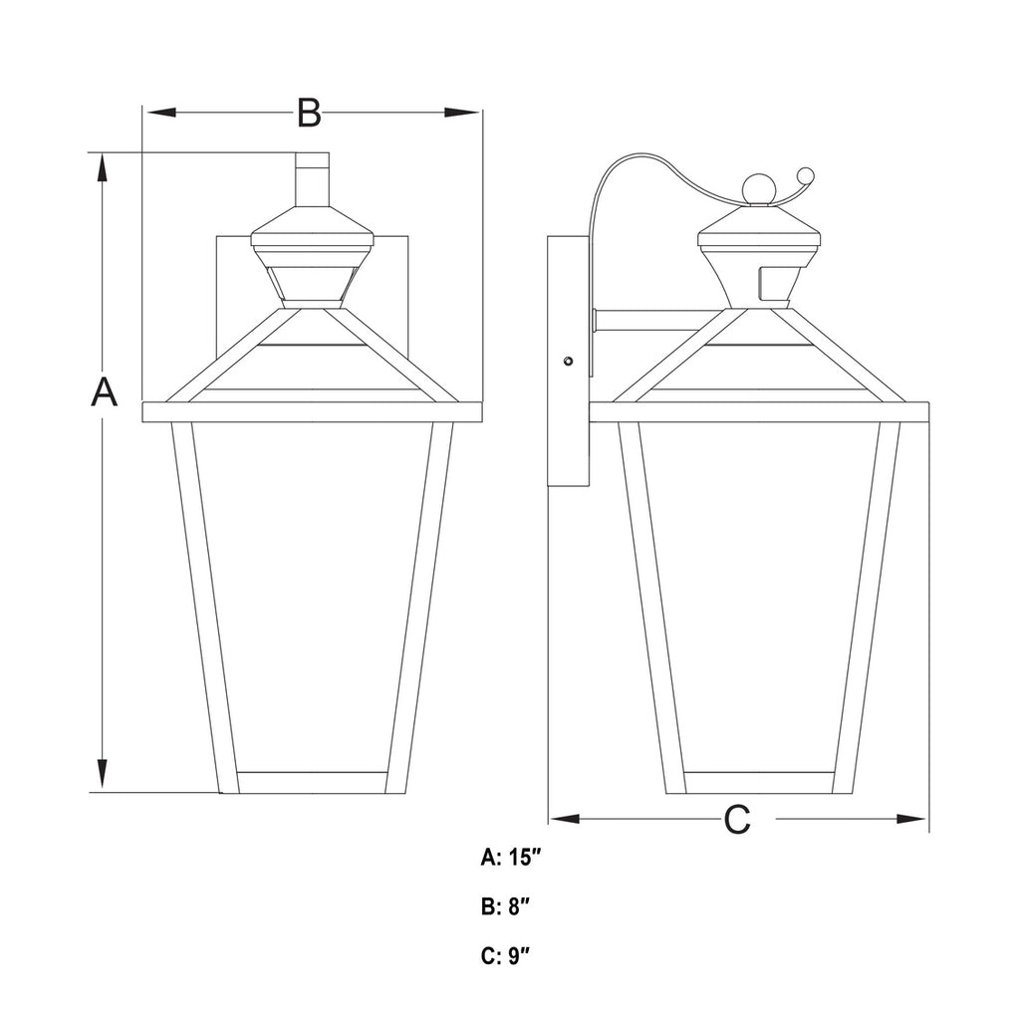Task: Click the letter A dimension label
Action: pyautogui.click(x=104, y=391)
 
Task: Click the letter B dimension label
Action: pyautogui.click(x=309, y=113)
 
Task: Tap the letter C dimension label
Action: pyautogui.click(x=737, y=819)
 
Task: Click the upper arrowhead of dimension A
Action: pyautogui.click(x=103, y=170)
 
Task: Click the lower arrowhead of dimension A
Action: pyautogui.click(x=103, y=775)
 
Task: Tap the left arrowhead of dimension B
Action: pyautogui.click(x=160, y=113)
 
